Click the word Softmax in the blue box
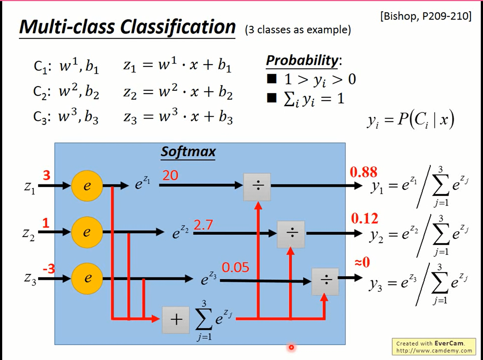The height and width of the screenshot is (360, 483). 188,152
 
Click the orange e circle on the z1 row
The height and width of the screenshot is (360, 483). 87,186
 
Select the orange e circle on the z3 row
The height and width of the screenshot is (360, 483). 87,278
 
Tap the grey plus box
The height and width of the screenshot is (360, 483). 176,319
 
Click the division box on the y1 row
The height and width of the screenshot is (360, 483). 257,186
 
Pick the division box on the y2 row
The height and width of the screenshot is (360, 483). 291,234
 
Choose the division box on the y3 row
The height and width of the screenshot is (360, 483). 325,281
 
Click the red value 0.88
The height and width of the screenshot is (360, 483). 363,172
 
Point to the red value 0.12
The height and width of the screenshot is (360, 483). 364,219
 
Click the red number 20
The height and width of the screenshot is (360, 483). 170,176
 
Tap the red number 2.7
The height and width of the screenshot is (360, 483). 203,225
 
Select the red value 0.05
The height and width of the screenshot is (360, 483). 235,268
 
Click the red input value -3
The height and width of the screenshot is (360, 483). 49,269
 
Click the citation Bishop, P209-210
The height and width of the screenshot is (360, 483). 426,16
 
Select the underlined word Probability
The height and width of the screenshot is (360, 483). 302,61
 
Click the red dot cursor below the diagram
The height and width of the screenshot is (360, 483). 291,347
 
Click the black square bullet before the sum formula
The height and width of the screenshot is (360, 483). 272,98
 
